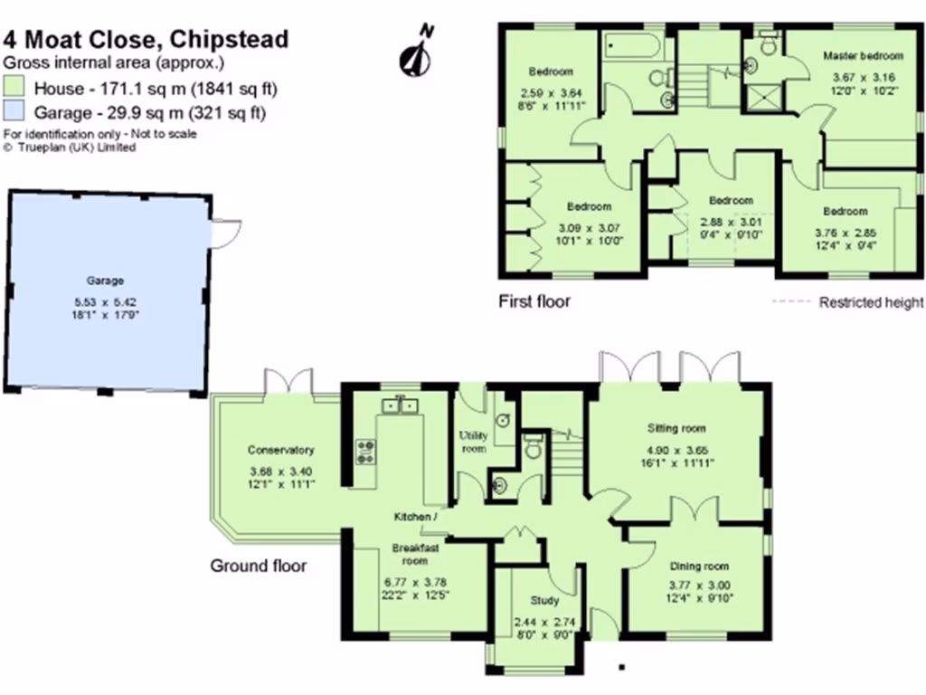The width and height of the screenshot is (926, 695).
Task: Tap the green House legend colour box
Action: pyautogui.click(x=14, y=89)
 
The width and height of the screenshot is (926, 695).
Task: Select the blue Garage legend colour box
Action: pyautogui.click(x=14, y=113)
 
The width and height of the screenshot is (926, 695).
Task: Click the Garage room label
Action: pyautogui.click(x=105, y=281)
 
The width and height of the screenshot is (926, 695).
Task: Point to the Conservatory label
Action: pyautogui.click(x=280, y=450)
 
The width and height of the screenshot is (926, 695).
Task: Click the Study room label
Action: pyautogui.click(x=544, y=600)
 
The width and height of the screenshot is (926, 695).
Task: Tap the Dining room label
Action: pyautogui.click(x=699, y=566)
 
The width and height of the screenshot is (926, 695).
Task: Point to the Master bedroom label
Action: pyautogui.click(x=863, y=56)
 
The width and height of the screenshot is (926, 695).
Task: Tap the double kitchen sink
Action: pyautogui.click(x=399, y=405)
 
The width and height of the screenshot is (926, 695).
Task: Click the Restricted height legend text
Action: pyautogui.click(x=871, y=302)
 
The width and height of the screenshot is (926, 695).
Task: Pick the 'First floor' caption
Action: pyautogui.click(x=534, y=301)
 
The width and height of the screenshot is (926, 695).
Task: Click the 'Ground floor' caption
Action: pyautogui.click(x=259, y=566)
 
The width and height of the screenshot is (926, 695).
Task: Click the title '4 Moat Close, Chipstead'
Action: pyautogui.click(x=146, y=39)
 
